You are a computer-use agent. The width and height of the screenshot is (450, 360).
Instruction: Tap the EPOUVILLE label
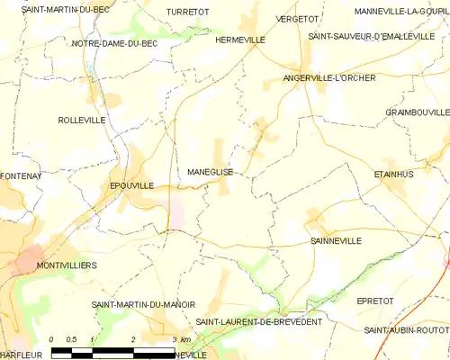click(x=131, y=185)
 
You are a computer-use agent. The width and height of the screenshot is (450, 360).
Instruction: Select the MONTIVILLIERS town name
click(x=66, y=266)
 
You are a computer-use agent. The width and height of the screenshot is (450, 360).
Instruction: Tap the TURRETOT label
click(x=187, y=12)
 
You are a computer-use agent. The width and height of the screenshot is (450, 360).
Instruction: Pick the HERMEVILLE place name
click(x=240, y=40)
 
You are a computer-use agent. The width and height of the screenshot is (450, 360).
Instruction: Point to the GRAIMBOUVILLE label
click(x=418, y=112)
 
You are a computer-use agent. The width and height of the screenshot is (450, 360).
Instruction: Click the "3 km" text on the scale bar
click(x=181, y=339)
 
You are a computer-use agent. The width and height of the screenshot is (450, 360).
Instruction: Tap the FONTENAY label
click(x=22, y=176)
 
